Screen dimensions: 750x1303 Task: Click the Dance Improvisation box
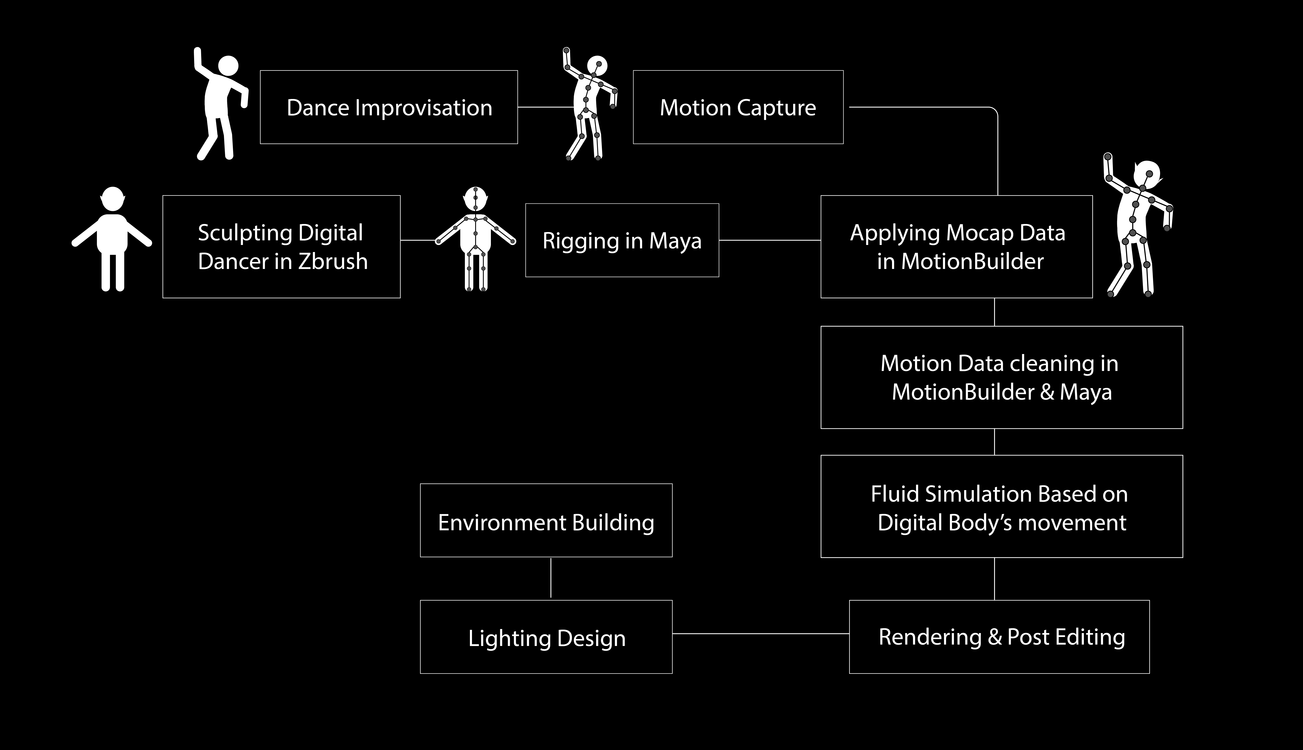[389, 107]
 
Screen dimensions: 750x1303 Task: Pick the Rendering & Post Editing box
[999, 637]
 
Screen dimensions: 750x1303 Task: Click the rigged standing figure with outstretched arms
[475, 240]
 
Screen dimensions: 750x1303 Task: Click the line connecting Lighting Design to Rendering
[760, 634]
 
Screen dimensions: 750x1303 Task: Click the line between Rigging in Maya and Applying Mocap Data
[770, 240]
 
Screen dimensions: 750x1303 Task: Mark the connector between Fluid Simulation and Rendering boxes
[994, 578]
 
